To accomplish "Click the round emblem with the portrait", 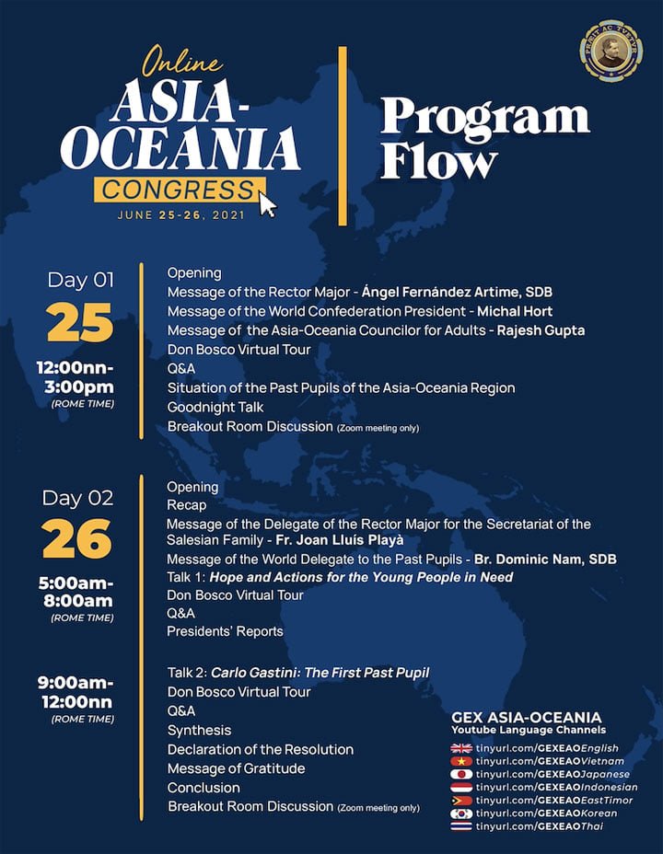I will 611,52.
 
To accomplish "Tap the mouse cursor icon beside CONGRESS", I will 267,202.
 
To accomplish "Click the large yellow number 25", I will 79,323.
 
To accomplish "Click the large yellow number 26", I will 77,540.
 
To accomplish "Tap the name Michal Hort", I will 512,311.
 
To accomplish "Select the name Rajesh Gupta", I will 541,330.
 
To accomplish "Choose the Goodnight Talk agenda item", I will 215,407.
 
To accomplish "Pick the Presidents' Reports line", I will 225,631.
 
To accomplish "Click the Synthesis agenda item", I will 199,730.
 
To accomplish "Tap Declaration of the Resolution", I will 260,749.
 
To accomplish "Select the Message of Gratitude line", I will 236,768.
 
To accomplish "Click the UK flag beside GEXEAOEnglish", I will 460,748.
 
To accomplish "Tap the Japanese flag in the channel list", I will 460,774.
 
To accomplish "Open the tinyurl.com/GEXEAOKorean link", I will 547,814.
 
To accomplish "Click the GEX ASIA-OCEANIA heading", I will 526,717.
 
